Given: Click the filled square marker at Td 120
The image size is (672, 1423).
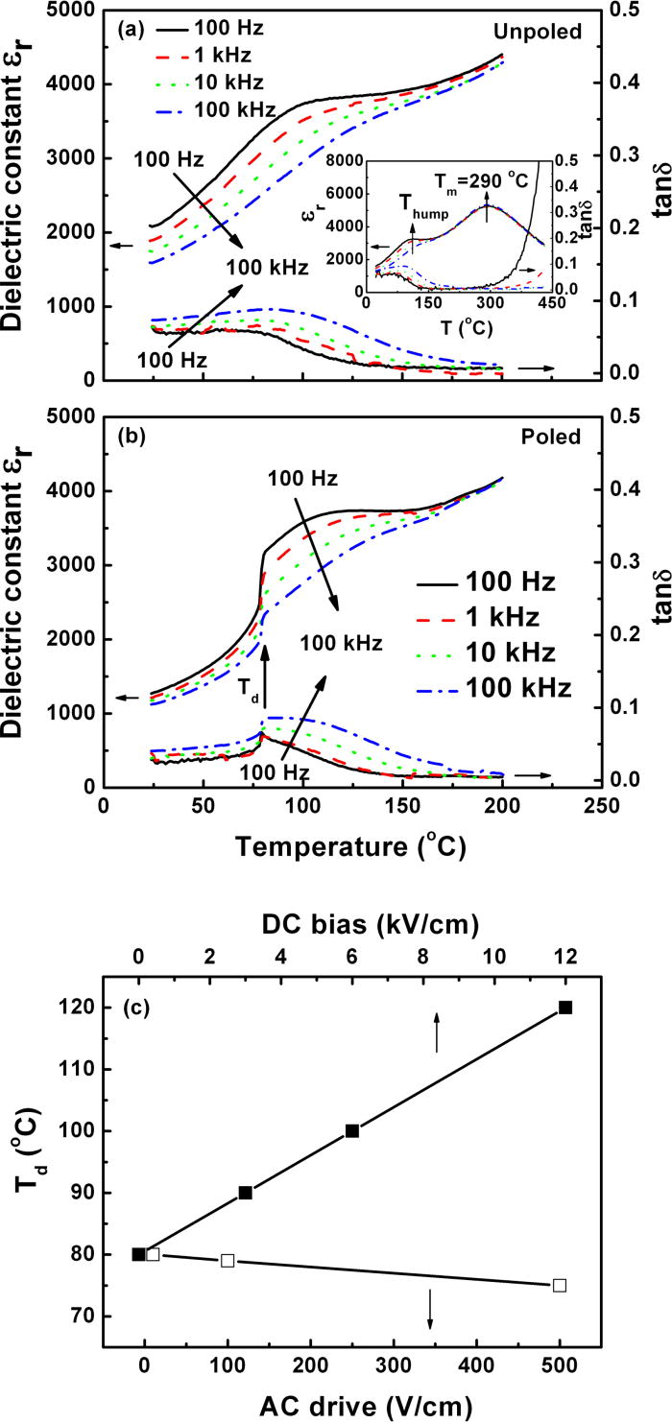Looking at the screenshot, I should (x=565, y=1008).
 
